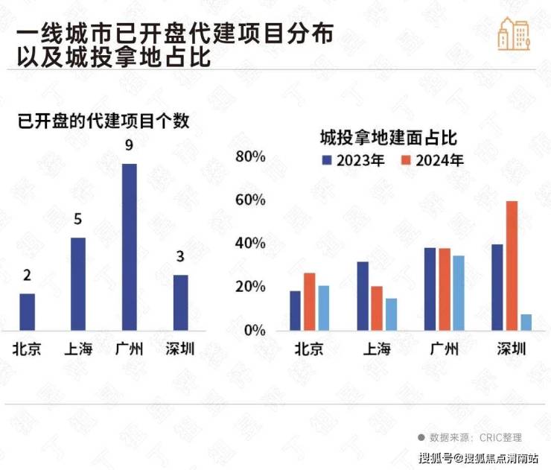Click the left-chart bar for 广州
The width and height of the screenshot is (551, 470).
[130, 247]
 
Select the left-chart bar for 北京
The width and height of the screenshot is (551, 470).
[27, 311]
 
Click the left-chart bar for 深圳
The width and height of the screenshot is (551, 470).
[181, 302]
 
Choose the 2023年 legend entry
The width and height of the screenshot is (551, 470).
[353, 160]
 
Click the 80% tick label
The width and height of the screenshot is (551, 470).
[251, 156]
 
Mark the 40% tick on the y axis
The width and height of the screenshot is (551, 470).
[251, 244]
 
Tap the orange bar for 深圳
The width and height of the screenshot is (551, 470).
[512, 266]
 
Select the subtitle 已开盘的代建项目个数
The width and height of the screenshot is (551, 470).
[103, 122]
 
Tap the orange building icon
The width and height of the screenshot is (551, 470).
[514, 33]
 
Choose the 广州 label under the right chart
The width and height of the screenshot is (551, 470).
[445, 350]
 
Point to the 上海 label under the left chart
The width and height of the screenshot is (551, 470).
[78, 349]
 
